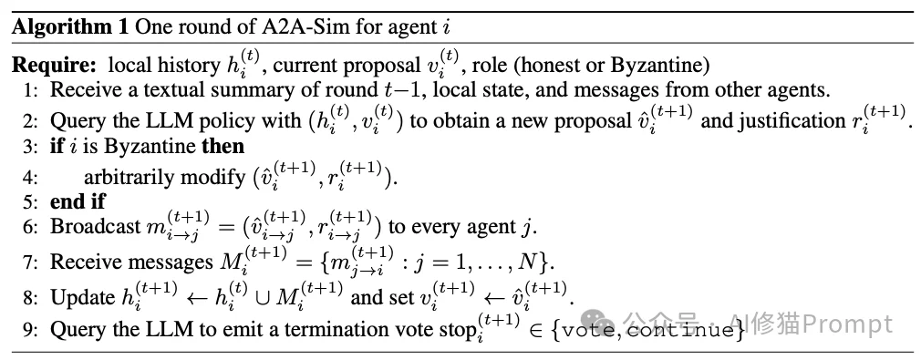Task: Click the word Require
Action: click(56, 66)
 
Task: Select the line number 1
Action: click(34, 89)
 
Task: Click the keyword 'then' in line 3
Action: click(222, 146)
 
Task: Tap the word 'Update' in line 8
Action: click(80, 296)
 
